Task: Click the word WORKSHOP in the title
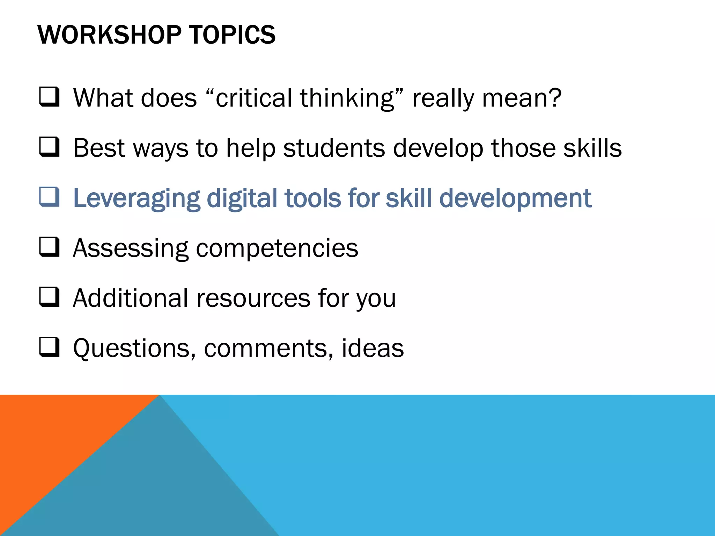point(109,35)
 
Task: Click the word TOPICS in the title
point(232,35)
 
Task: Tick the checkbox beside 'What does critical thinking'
point(49,97)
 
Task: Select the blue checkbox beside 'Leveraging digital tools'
point(49,197)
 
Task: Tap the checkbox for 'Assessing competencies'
point(49,247)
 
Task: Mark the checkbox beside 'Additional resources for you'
point(49,297)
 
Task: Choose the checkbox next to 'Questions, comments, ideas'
point(49,347)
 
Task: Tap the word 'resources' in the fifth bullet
point(253,299)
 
